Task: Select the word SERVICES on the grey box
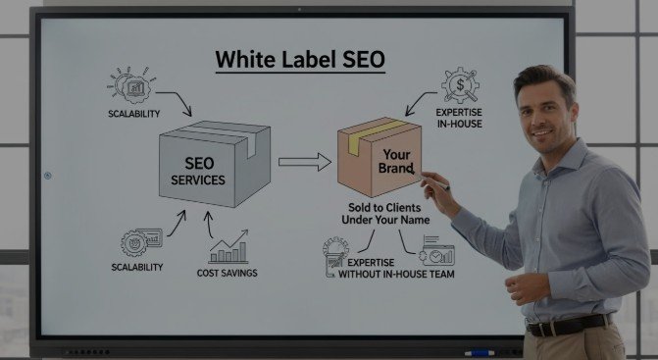coord(198,180)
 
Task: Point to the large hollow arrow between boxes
coord(303,163)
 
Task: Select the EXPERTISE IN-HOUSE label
coord(459,119)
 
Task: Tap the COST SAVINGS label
coord(227,273)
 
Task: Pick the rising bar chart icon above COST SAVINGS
coord(228,246)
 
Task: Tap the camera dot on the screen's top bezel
coord(299,10)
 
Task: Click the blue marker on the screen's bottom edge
coord(480,351)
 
